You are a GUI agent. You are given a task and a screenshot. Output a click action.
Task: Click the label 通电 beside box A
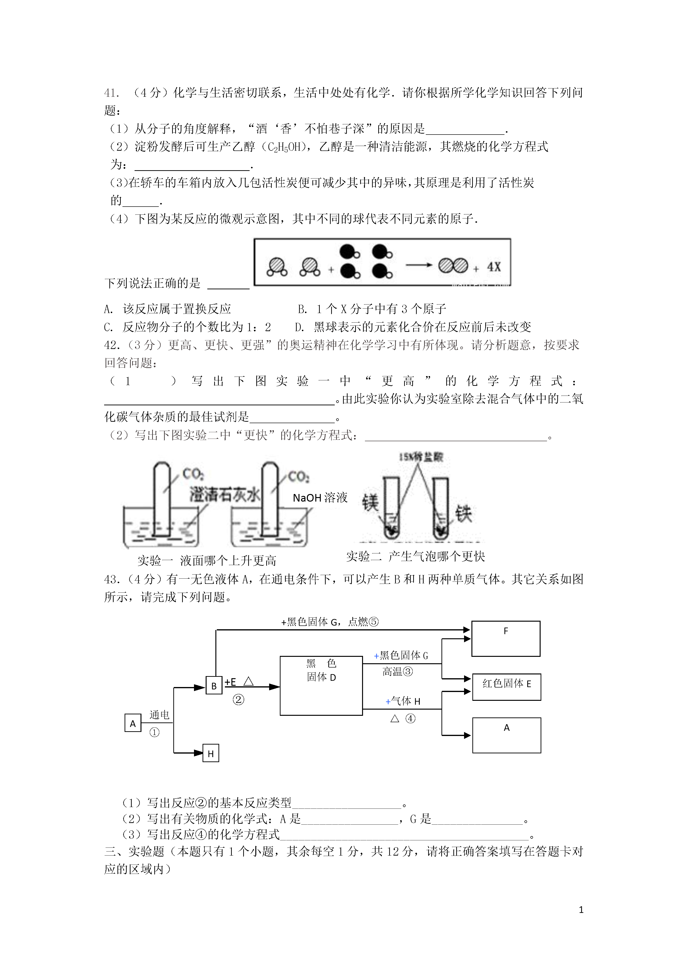click(x=159, y=715)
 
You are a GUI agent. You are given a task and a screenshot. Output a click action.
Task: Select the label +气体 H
click(x=403, y=701)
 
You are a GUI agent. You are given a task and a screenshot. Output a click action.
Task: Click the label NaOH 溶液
click(x=320, y=498)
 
